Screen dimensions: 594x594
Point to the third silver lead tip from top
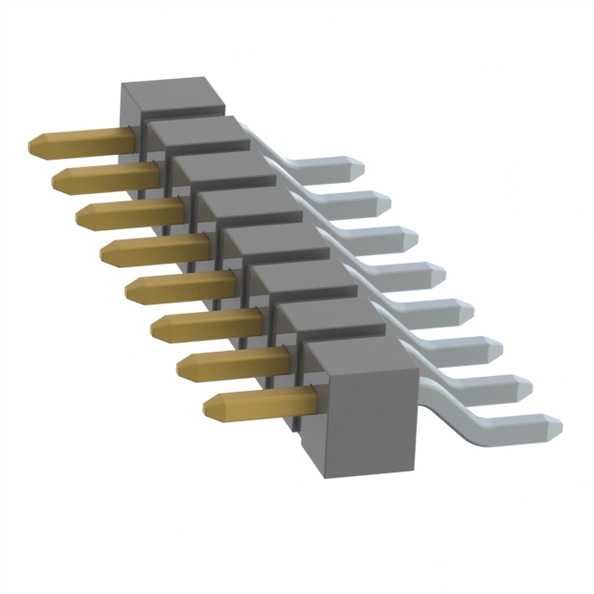coord(406,239)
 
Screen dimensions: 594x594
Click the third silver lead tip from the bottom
coord(491,349)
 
